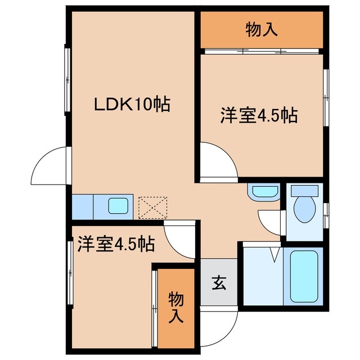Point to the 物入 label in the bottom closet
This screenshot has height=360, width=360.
176,307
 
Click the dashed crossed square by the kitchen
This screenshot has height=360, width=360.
153,207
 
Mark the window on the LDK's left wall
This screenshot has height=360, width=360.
67,78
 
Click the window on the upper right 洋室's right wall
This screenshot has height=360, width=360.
326,98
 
